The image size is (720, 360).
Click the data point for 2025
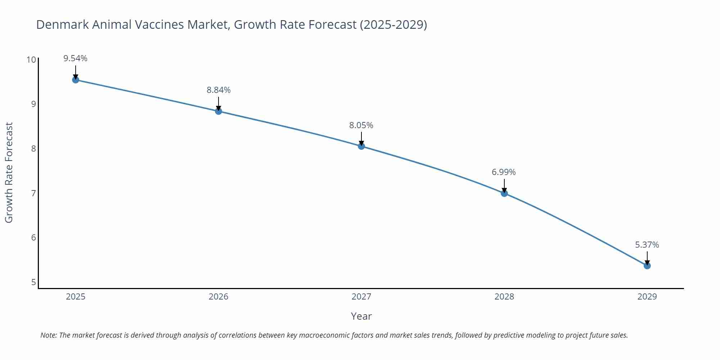coord(76,80)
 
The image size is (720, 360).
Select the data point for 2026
coord(219,111)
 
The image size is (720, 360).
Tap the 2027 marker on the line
coord(361,146)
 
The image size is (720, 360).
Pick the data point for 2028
coord(504,193)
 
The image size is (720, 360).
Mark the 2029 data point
coord(647,266)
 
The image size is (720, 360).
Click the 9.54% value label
coord(76,58)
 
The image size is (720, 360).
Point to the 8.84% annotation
coord(219,90)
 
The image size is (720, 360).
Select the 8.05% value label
coord(361,125)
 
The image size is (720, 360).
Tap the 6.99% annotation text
coord(504,172)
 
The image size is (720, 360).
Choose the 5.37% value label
coord(647,245)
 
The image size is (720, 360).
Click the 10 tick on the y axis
coord(31,59)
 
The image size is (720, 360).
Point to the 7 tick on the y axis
coord(33,193)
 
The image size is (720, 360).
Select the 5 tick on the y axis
coord(33,282)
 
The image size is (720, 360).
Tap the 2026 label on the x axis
coord(219,297)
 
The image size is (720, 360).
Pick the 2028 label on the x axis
coord(504,297)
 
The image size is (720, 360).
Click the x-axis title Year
coord(361,316)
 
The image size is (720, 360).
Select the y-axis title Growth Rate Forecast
coord(9,172)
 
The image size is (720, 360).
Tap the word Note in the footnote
coord(48,335)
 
